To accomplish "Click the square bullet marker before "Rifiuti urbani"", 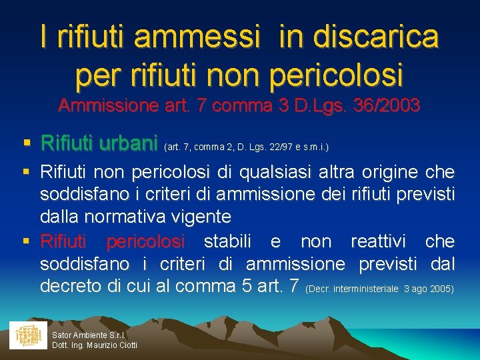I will coord(26,143).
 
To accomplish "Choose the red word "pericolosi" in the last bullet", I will coord(145,241).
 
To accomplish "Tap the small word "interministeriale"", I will coord(366,289).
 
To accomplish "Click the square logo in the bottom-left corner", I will coord(28,335).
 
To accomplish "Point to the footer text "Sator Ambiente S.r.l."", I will coord(89,334).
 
